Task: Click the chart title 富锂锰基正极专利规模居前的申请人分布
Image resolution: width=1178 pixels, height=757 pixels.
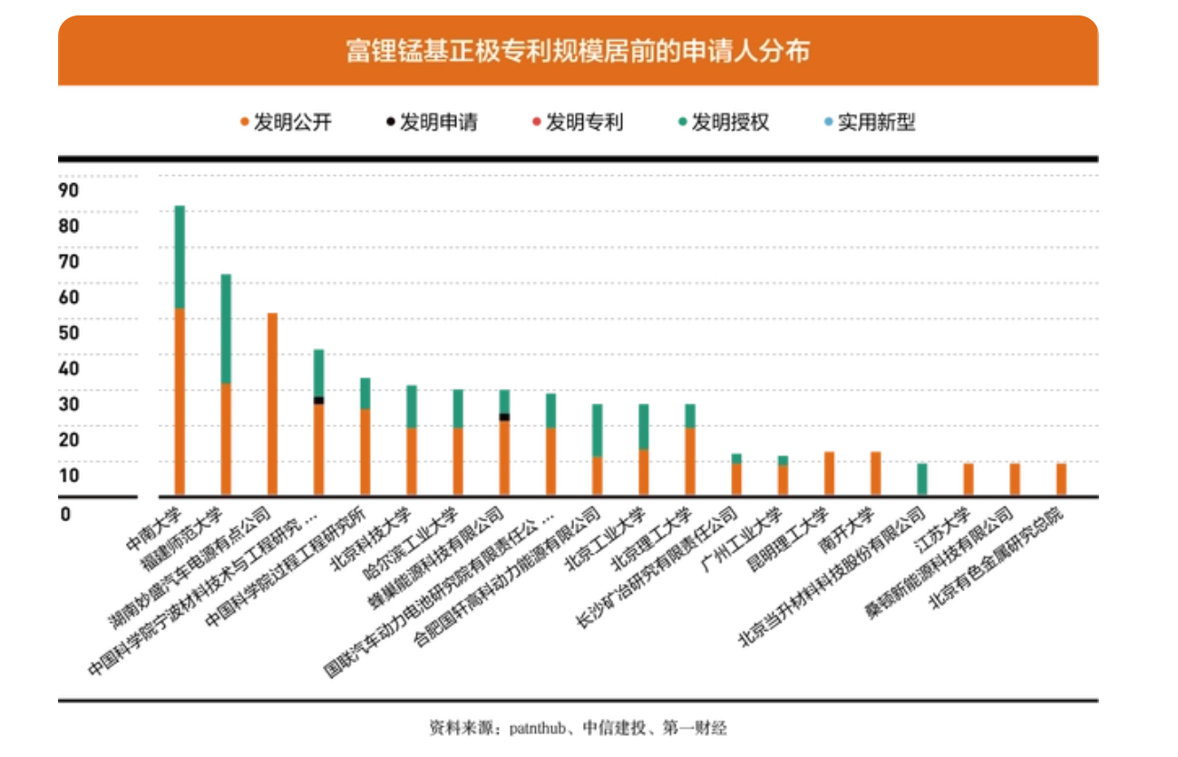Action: point(578,51)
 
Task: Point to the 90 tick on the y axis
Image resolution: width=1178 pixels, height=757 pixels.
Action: point(69,190)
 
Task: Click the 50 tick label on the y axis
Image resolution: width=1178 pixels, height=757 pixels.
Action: point(69,333)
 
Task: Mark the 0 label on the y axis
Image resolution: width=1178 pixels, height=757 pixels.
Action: point(65,514)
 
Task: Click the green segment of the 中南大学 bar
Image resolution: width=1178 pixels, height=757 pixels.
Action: point(180,257)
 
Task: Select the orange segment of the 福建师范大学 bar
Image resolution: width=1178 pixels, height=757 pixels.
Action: point(226,440)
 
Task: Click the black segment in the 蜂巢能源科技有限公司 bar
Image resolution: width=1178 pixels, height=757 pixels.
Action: point(504,417)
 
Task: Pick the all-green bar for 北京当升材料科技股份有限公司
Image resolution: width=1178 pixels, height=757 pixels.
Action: point(922,480)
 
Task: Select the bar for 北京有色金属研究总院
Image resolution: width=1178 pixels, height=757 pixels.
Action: point(1061,480)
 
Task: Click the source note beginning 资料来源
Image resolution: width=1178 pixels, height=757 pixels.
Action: point(578,728)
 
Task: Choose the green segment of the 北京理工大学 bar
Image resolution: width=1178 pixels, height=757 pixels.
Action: point(690,415)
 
